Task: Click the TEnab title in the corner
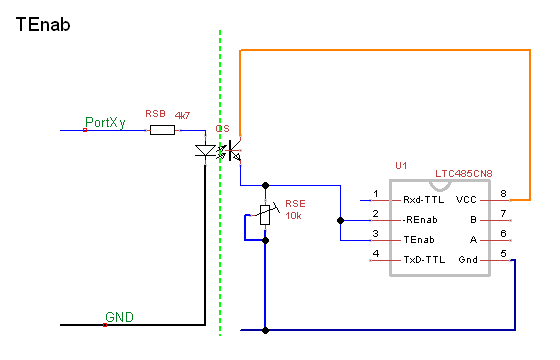point(43,25)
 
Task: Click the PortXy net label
point(105,122)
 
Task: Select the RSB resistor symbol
point(162,130)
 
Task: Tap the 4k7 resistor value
point(182,115)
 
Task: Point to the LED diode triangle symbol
point(205,151)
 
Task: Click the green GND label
point(119,317)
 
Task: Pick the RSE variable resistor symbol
point(265,215)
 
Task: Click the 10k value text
point(293,216)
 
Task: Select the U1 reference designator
point(401,165)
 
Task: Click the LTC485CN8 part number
point(464,174)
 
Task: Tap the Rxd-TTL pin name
point(424,200)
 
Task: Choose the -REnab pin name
point(420,220)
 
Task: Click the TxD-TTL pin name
point(424,260)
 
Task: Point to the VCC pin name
point(466,200)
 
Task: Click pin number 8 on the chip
point(503,194)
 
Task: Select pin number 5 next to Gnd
point(503,254)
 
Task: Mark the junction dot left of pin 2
point(340,220)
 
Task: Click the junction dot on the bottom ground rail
point(265,330)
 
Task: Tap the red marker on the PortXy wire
point(85,130)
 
